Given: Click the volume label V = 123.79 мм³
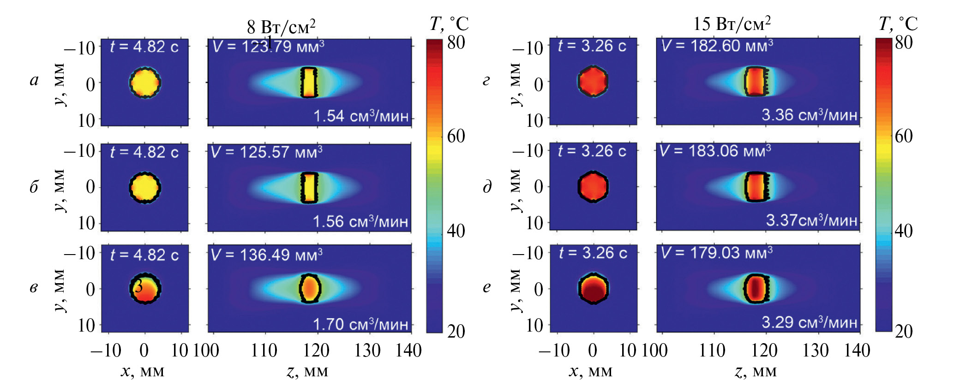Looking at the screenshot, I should pos(268,47).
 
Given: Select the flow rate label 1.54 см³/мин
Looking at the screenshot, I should pos(361,116).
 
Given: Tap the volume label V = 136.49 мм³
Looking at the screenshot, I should pos(266,255).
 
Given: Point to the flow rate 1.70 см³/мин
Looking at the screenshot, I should pos(360,324).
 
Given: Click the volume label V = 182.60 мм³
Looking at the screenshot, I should pos(717,46).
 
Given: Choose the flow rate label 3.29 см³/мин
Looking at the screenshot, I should pos(809,322).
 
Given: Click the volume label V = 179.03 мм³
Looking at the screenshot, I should pos(716,253).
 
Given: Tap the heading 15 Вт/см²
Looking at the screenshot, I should pos(732,24).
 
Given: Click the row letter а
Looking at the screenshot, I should pos(34,80).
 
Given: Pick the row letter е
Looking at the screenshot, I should pos(487,287).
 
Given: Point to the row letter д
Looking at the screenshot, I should pos(487,187).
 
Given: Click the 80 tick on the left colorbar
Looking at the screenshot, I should pos(456,42).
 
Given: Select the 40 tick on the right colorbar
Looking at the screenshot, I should pos(904,230).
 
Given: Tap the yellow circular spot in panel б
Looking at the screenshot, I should pos(145,188).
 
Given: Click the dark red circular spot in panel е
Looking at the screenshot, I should pos(594,289).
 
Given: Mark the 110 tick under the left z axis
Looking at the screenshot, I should pos(264,350).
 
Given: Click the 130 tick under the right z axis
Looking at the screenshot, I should pos(816,350).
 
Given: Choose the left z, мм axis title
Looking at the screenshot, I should pos(307,371).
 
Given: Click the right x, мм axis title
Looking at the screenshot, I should pos(591,371).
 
